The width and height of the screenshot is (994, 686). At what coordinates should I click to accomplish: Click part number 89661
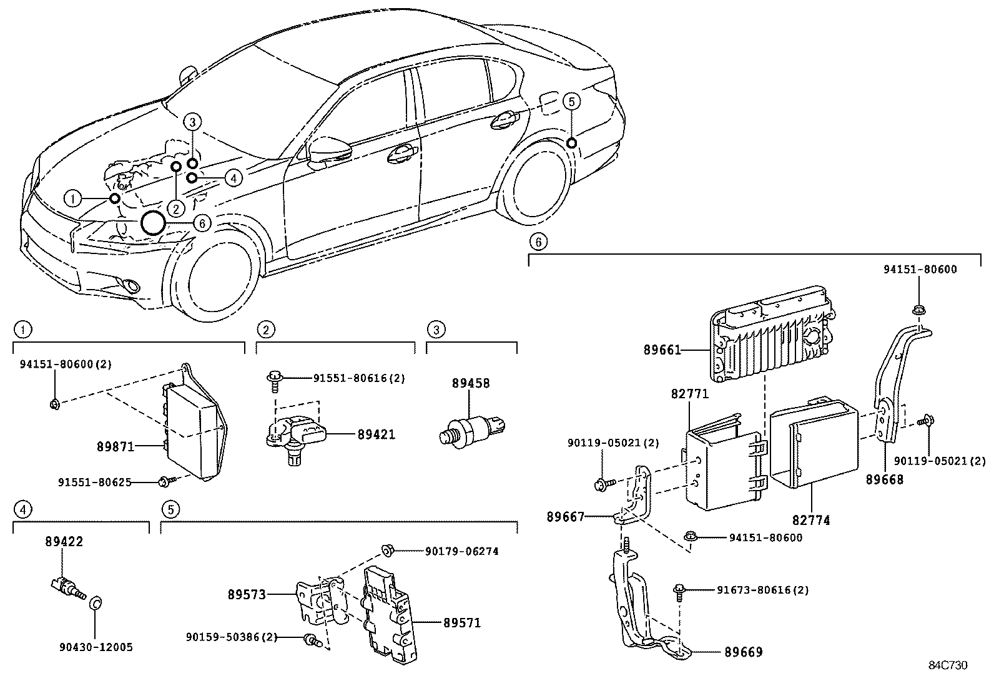pyautogui.click(x=662, y=350)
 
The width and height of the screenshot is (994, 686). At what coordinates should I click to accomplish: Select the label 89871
pyautogui.click(x=116, y=447)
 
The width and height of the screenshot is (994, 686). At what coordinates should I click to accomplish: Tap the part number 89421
pyautogui.click(x=376, y=434)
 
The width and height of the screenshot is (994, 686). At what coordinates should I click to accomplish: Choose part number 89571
pyautogui.click(x=462, y=622)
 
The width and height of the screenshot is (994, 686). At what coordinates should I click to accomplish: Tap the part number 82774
pyautogui.click(x=811, y=520)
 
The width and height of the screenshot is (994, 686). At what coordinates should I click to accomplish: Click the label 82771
pyautogui.click(x=689, y=394)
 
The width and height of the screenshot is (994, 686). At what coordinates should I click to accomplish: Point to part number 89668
pyautogui.click(x=884, y=480)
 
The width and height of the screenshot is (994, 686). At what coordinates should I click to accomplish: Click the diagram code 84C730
pyautogui.click(x=947, y=665)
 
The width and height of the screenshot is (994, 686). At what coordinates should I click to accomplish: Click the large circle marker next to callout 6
pyautogui.click(x=153, y=222)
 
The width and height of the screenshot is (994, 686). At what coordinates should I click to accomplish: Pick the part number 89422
pyautogui.click(x=64, y=541)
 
